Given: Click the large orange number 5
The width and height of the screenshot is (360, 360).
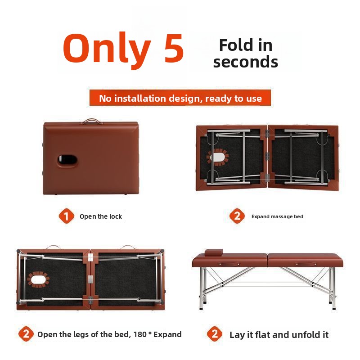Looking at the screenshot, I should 167,48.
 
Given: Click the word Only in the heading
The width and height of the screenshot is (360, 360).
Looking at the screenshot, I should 107,48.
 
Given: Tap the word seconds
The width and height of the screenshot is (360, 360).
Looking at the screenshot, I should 245,62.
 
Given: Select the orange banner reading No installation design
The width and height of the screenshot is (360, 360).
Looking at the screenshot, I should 180,98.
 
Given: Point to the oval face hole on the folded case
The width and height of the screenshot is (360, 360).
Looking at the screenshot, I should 67,159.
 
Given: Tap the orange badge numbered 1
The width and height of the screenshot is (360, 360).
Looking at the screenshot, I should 66,216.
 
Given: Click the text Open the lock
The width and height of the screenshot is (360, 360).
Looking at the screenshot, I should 101,216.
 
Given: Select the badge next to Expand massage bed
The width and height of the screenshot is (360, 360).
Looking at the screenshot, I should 237,216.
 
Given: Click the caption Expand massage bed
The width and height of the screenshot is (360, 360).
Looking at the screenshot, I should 277,216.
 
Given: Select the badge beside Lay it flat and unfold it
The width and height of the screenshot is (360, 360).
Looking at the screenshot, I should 215,334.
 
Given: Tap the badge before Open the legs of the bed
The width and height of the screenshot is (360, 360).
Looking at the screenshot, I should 26,334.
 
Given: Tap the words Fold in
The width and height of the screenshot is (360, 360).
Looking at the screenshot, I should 245,45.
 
